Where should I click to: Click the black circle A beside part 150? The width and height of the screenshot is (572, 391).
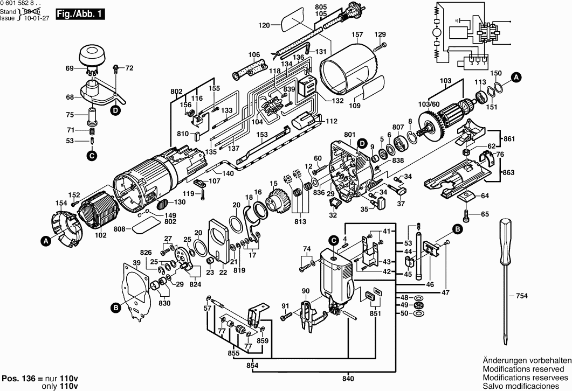515,77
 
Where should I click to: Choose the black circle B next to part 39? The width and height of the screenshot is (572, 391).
115,308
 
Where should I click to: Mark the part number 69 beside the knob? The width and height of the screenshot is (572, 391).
69,68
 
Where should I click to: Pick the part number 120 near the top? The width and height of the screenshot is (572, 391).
264,25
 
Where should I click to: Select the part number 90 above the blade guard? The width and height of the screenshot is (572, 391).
306,291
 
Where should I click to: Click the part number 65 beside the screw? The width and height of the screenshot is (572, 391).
485,214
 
